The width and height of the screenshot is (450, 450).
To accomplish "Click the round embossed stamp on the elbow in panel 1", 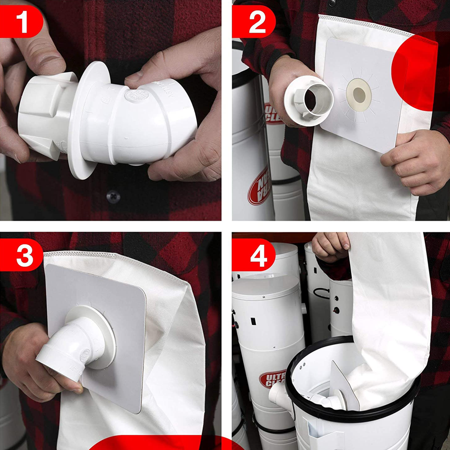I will pos(136,95).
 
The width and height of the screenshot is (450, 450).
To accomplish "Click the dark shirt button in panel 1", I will pos(113,197).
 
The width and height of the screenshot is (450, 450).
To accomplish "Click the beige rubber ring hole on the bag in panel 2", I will pos(359,95).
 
